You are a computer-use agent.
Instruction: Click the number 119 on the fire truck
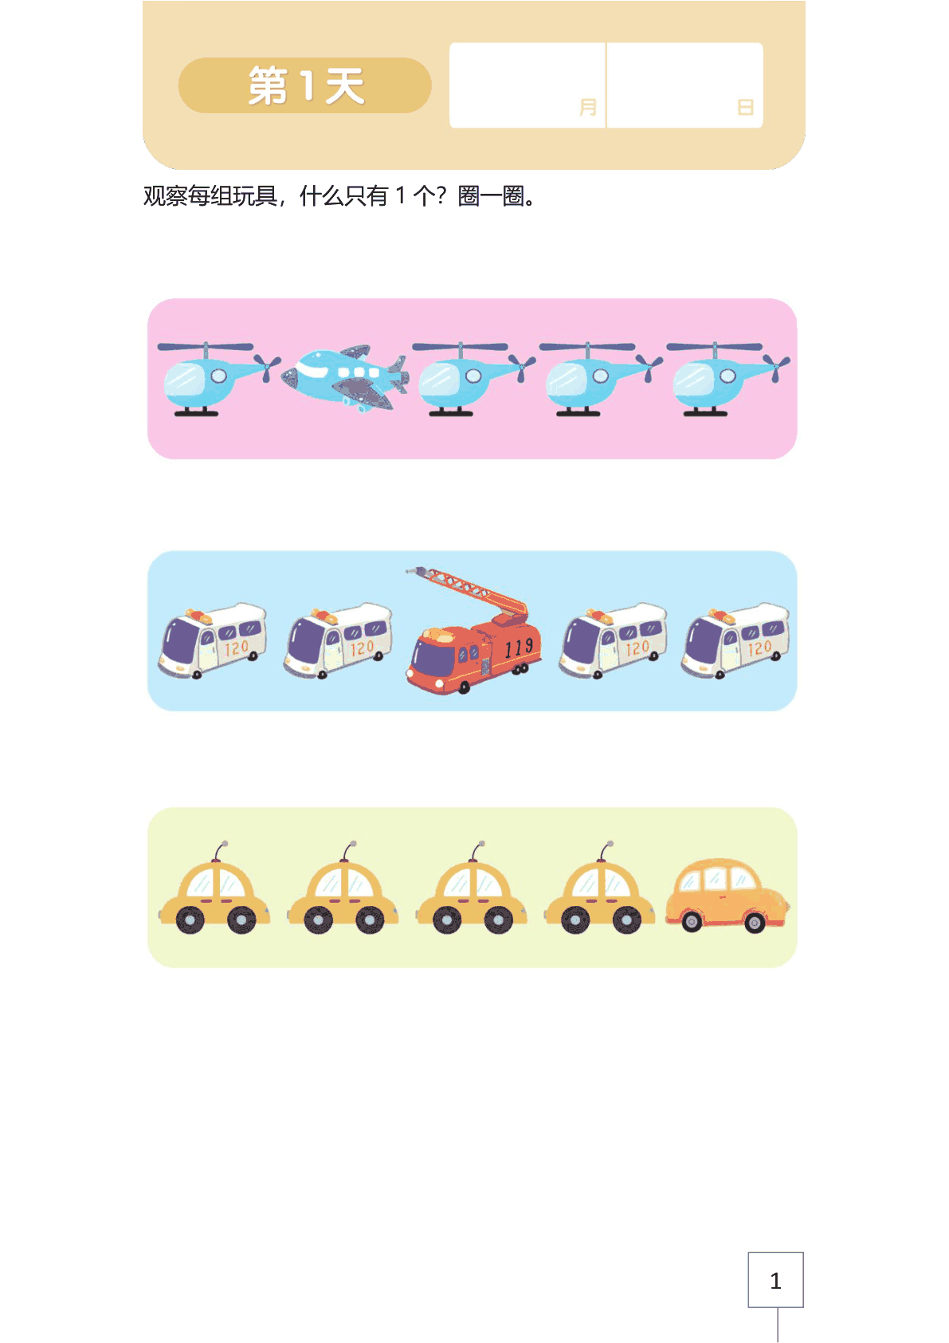point(518,647)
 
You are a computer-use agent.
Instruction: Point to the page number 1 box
point(775,1279)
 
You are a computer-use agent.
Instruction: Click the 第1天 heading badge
point(305,86)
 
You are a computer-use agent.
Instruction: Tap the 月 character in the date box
point(588,108)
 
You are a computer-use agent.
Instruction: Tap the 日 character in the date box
point(745,108)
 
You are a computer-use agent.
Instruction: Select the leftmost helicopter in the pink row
point(218,379)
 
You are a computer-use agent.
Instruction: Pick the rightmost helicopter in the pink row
point(728,379)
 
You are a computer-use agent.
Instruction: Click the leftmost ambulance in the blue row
point(212,641)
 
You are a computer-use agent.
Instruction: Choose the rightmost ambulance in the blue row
point(735,641)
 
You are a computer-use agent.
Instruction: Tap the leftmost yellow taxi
point(214,888)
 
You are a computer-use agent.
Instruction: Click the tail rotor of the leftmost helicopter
point(267,366)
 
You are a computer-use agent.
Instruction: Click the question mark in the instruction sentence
point(441,195)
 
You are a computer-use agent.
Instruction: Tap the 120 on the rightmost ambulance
point(759,648)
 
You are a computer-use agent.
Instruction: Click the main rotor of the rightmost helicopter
point(714,347)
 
